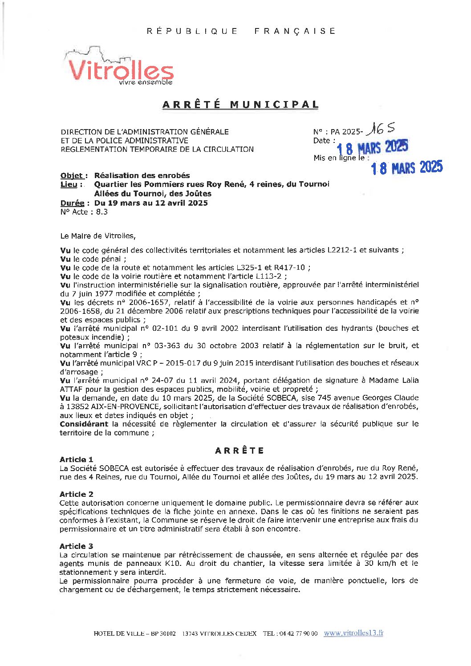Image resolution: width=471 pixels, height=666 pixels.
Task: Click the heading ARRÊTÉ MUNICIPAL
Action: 240,105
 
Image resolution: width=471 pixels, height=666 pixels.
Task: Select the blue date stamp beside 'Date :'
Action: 372,147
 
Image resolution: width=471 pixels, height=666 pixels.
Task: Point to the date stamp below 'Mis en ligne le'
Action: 406,168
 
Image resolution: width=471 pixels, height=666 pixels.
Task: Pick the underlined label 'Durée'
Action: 72,203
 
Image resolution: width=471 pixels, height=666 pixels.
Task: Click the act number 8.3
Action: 102,212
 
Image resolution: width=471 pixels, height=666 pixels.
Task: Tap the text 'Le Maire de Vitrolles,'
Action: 98,236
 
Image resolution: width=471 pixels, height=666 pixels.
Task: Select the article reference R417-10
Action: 289,268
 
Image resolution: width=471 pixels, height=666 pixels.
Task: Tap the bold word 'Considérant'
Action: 84,424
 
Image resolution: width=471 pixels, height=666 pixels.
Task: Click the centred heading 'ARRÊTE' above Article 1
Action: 240,451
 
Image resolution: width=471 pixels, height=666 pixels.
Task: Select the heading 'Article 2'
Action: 77,494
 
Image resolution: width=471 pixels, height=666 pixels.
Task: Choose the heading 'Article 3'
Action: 77,546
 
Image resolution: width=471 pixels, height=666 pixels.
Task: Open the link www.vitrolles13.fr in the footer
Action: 353,633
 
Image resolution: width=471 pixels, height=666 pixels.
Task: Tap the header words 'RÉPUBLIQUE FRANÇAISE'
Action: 241,31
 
